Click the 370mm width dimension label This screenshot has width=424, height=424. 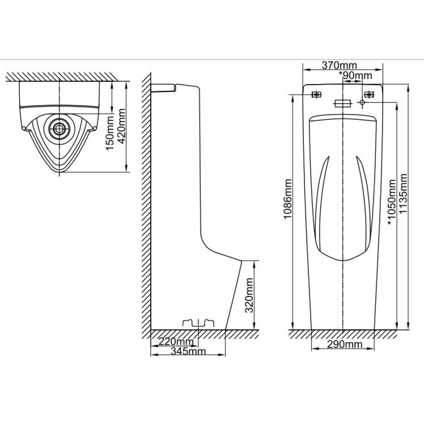(339, 65)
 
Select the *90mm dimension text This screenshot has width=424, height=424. (355, 75)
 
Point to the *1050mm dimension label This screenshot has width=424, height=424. (392, 202)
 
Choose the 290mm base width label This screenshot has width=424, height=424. (344, 344)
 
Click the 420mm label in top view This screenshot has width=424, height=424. (122, 126)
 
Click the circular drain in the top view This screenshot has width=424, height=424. (59, 128)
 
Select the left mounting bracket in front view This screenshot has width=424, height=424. (317, 94)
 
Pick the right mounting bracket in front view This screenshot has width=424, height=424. (368, 94)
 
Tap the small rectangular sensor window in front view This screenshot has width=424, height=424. (343, 103)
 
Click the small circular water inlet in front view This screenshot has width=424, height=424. (362, 103)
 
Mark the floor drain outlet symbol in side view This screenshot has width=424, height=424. (199, 323)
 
